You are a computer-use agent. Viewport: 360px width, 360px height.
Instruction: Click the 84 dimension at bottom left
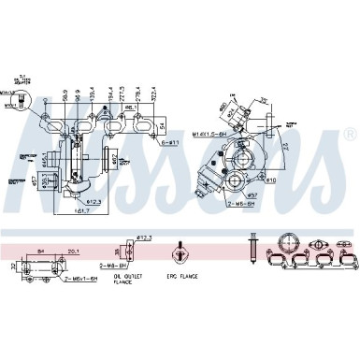click(x=42, y=250)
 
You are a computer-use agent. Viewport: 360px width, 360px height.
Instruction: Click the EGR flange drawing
click(x=178, y=255)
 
